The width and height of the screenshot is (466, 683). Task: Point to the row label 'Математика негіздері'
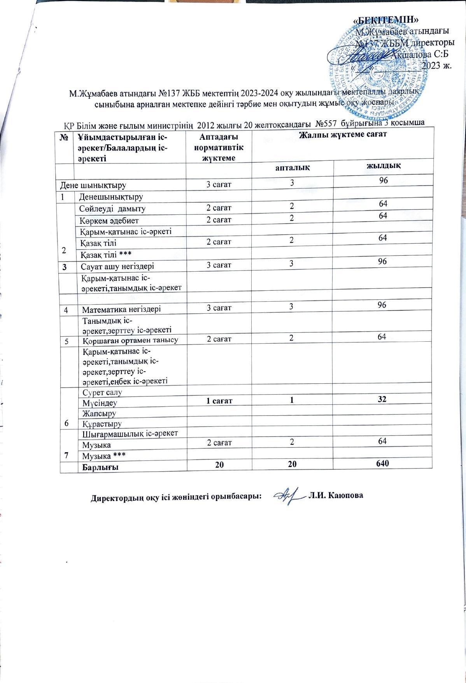click(x=121, y=310)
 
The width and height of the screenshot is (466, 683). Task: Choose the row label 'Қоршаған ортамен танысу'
click(x=130, y=340)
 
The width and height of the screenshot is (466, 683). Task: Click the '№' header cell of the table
click(x=65, y=137)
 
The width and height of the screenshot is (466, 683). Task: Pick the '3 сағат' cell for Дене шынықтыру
click(x=219, y=184)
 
